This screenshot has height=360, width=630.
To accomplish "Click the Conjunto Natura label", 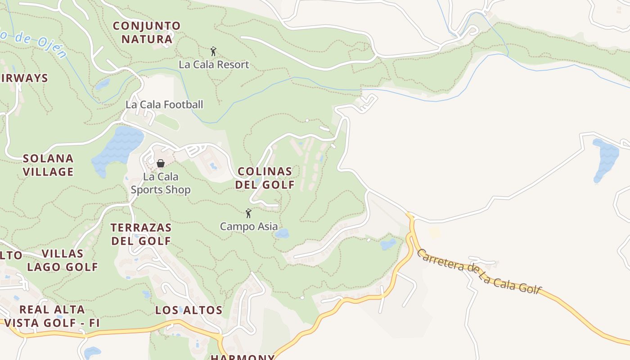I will coord(147,32).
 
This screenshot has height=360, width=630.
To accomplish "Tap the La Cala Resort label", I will coord(214,64).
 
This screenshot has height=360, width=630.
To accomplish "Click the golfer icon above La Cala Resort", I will coord(213,51).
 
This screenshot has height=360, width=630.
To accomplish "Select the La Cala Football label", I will coord(164,104).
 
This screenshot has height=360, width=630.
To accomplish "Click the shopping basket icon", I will coord(161,163).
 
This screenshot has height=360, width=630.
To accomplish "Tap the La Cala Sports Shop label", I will coord(161,183).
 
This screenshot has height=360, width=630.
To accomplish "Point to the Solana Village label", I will coord(48,165).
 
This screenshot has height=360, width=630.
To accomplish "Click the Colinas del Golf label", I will coord(265,178).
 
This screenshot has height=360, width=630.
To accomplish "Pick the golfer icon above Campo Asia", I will coord(248,213).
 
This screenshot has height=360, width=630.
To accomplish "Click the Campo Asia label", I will coord(249,226).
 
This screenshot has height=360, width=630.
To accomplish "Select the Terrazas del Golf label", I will coord(141,234).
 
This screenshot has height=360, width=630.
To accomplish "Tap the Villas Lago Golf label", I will coord(62,260).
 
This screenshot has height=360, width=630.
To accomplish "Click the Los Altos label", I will coord(189,310).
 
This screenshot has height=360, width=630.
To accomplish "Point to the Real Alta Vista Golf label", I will coord(52,316).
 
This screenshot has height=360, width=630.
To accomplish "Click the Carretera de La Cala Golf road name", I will coord(479,271).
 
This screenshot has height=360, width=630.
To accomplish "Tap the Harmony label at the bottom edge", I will coord(243,357).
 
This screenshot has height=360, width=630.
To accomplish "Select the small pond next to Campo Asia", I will coord(282,233).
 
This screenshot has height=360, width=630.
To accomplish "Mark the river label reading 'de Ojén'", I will coord(40,45).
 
